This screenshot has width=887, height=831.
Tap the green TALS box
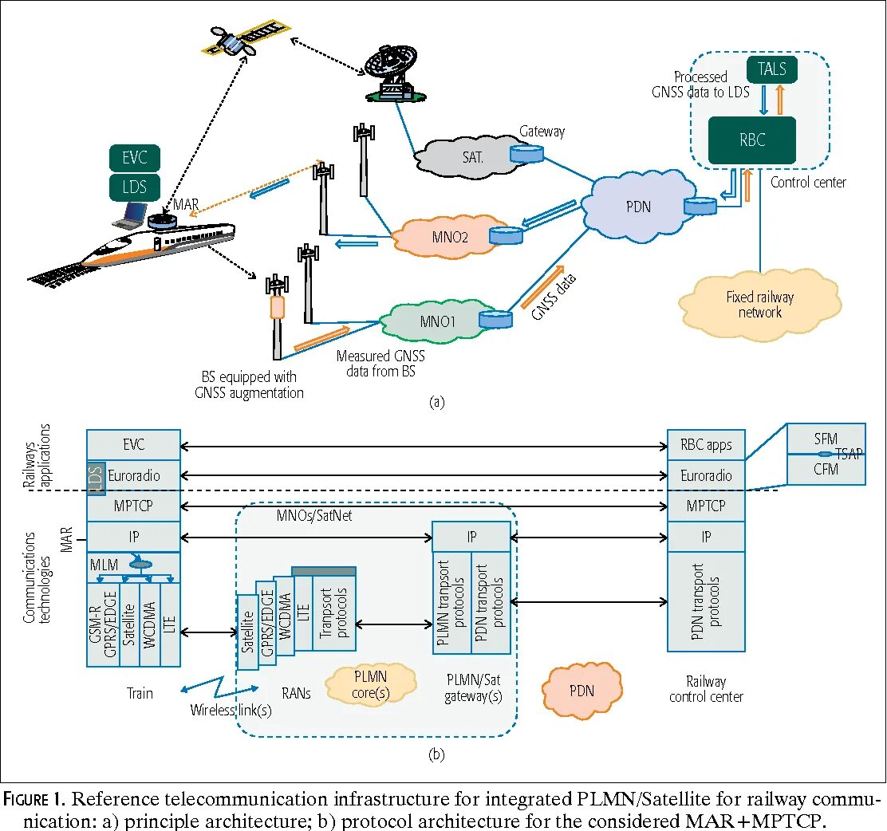tap(771, 69)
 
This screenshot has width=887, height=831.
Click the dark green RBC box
tap(752, 140)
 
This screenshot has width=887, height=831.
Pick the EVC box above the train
tap(134, 157)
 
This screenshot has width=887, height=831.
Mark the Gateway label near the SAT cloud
tap(542, 132)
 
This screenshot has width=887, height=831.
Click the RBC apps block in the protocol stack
tap(706, 445)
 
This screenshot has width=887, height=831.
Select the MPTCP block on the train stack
tap(133, 506)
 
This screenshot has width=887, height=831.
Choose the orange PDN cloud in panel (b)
tap(581, 690)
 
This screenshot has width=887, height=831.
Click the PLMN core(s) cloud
tap(370, 684)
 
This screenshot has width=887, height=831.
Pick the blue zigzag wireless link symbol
tap(219, 687)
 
